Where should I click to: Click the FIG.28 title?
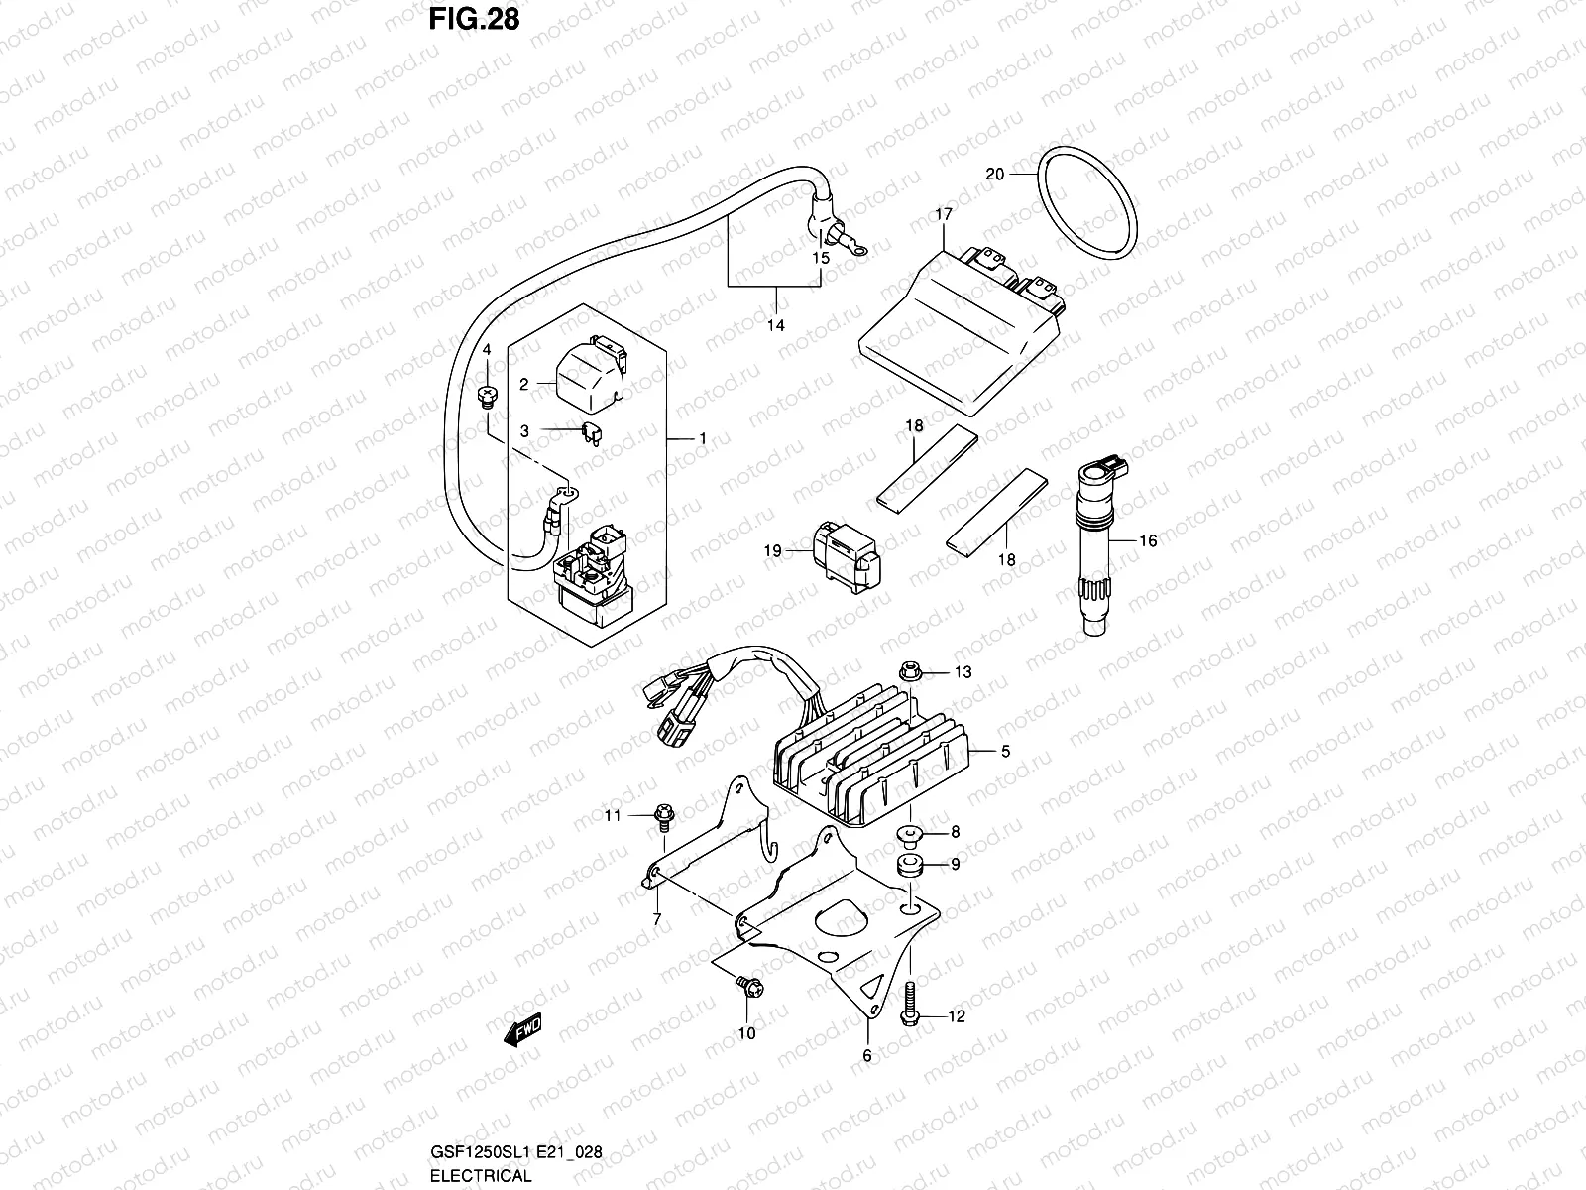tap(474, 20)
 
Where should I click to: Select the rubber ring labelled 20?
tap(1087, 202)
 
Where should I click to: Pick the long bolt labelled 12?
tap(910, 1005)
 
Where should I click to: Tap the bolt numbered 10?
tap(749, 986)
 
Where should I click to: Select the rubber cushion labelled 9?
tap(910, 866)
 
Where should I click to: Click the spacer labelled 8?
tap(910, 835)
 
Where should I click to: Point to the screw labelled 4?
tap(487, 396)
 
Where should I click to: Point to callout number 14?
tap(776, 326)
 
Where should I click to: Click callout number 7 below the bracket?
tap(657, 920)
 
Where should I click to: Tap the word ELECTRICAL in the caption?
tap(481, 1175)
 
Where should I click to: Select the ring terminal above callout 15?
tap(857, 250)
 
